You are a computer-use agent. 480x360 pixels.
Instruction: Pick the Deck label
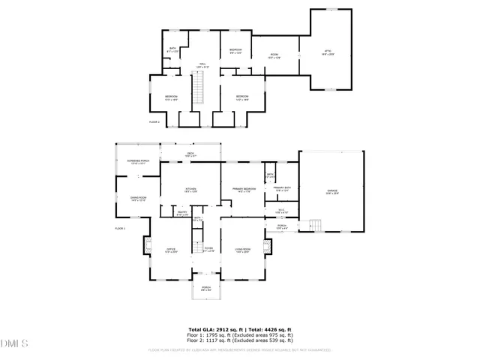pos(191,155)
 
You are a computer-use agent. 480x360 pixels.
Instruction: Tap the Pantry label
pos(181,213)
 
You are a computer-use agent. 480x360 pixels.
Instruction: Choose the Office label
pos(169,250)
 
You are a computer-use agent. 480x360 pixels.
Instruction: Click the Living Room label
pos(242,250)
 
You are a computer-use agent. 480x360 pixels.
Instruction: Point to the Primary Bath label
pos(282,188)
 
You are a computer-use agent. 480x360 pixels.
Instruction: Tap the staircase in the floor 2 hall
pos(199,94)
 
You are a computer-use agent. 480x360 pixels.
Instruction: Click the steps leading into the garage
pos(316,225)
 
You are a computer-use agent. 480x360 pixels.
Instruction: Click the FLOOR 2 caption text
pos(154,121)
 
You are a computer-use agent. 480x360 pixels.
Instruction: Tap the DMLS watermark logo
pos(14,343)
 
